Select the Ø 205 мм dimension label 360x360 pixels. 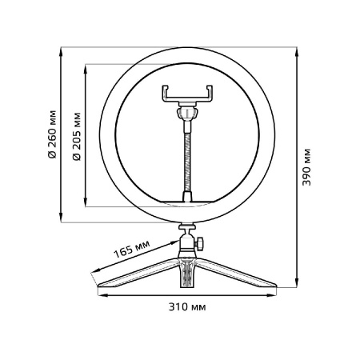click(76, 135)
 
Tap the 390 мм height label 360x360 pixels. click(306, 169)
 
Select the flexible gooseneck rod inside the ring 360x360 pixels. click(189, 156)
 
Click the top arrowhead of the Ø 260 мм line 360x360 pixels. click(62, 52)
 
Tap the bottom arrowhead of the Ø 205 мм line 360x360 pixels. click(85, 204)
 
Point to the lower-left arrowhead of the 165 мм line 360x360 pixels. click(97, 275)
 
